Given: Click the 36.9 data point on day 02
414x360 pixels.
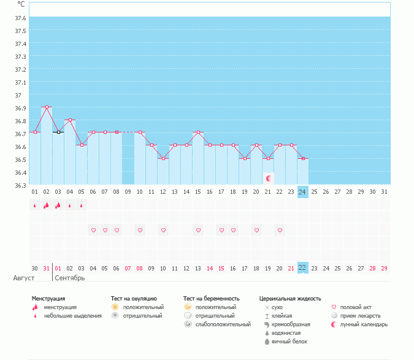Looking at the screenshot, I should tap(47, 107).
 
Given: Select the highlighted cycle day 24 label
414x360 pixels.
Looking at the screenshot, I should tap(302, 192).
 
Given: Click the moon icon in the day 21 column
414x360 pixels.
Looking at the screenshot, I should tap(268, 178).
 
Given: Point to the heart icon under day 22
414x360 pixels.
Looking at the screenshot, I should tap(280, 231).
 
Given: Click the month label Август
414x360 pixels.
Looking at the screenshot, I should tap(20, 278).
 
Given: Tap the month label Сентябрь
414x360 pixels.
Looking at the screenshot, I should tap(70, 278).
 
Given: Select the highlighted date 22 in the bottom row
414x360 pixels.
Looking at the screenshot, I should tap(302, 268).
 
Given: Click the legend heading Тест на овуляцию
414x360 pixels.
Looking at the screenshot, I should tap(134, 299).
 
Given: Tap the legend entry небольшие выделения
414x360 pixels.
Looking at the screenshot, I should tap(72, 315).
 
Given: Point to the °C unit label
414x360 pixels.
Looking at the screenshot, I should tap(21, 4).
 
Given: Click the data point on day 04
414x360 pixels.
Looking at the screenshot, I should tap(70, 120).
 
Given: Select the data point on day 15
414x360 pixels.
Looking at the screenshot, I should tap(198, 132).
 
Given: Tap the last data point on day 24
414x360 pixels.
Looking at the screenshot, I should tap(302, 158).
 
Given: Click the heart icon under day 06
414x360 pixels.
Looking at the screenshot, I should tap(93, 231).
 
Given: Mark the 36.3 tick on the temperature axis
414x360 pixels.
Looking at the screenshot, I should tap(20, 185).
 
